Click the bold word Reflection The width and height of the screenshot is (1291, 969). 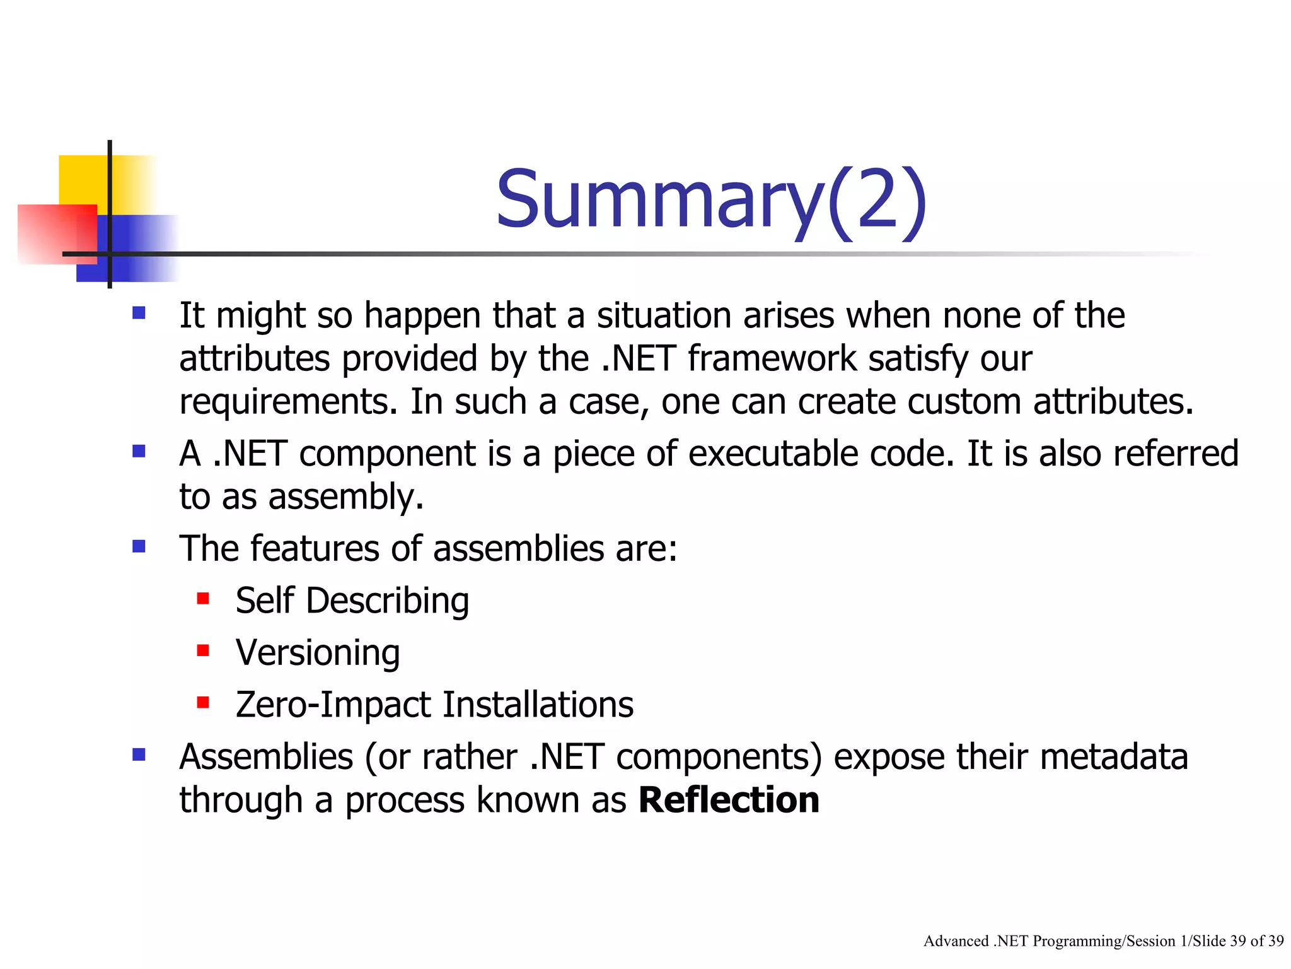pyautogui.click(x=728, y=800)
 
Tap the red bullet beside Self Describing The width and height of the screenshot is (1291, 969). pyautogui.click(x=202, y=598)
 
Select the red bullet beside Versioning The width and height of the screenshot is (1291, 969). pyautogui.click(x=202, y=650)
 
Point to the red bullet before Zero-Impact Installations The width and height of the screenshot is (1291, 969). pyautogui.click(x=202, y=702)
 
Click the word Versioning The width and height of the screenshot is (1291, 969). pyautogui.click(x=318, y=652)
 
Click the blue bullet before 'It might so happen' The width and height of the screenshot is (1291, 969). pyautogui.click(x=139, y=313)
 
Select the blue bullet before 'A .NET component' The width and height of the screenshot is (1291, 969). pyautogui.click(x=139, y=451)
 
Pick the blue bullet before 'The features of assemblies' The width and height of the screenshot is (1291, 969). pyautogui.click(x=139, y=546)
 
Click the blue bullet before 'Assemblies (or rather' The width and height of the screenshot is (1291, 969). pyautogui.click(x=139, y=755)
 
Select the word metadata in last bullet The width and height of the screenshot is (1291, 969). pyautogui.click(x=1113, y=756)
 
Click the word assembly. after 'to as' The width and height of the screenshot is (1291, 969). pyautogui.click(x=345, y=497)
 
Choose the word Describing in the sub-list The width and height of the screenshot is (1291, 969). pyautogui.click(x=387, y=601)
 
